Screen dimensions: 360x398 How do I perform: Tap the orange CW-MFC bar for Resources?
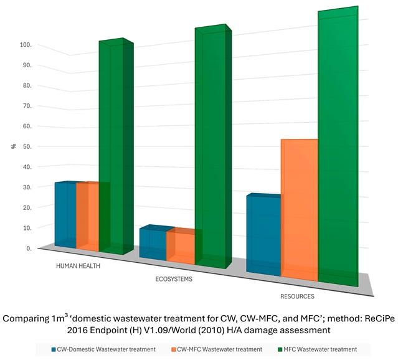(x=300, y=209)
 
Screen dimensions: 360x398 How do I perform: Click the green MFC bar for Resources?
(x=338, y=149)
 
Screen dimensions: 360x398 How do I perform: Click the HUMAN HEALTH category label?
(x=78, y=265)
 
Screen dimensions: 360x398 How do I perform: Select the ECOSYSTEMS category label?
(x=174, y=279)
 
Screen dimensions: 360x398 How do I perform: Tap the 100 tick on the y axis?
(x=25, y=45)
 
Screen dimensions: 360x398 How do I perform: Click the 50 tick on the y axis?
(x=27, y=146)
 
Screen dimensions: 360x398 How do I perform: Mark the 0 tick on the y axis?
(x=29, y=248)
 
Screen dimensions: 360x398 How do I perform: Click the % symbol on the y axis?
(x=13, y=146)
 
